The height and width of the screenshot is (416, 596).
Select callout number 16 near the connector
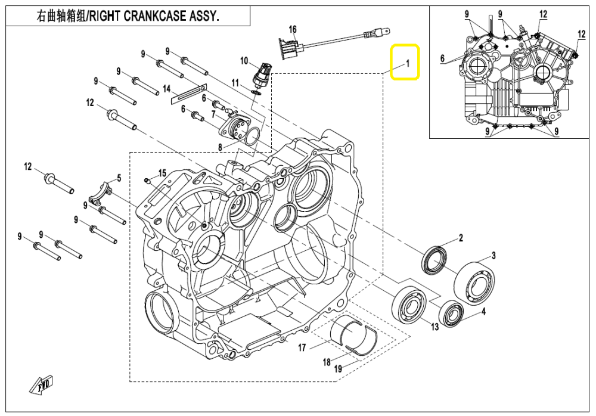[293, 30]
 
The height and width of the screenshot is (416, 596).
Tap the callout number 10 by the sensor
[244, 60]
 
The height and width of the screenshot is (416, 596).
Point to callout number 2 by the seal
[460, 239]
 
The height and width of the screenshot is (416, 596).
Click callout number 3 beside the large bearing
[493, 256]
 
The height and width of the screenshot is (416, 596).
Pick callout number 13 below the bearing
[434, 326]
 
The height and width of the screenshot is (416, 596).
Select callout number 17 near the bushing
[302, 347]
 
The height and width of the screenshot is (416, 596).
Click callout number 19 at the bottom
[338, 370]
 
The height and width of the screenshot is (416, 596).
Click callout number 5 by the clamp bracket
[119, 178]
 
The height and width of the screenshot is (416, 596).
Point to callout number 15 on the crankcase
[162, 173]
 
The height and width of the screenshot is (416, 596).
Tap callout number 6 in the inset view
[443, 58]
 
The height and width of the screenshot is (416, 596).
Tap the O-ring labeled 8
[252, 136]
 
